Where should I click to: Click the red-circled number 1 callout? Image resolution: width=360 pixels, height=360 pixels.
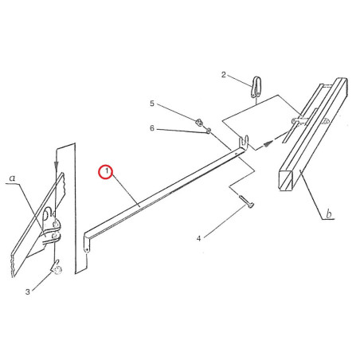click(x=106, y=172)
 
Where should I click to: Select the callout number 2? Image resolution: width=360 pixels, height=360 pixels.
click(x=224, y=75)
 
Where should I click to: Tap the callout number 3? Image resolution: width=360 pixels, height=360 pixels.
click(x=28, y=292)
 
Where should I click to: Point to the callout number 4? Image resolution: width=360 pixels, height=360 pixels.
click(x=198, y=239)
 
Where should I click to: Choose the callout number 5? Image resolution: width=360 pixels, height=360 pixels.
click(x=152, y=104)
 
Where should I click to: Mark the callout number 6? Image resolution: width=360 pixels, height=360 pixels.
click(x=152, y=128)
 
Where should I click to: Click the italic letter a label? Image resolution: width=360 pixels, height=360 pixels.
click(x=12, y=178)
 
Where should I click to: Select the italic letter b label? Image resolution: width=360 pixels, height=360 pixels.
click(x=329, y=213)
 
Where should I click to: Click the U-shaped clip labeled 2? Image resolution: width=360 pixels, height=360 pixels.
click(x=256, y=87)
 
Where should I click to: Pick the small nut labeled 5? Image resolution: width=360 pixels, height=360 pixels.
click(x=198, y=123)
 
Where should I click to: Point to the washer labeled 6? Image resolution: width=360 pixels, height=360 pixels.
click(x=209, y=131)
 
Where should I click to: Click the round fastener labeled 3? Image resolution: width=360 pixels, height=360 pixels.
click(x=57, y=268)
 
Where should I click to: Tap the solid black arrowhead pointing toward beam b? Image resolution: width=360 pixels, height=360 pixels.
click(x=268, y=144)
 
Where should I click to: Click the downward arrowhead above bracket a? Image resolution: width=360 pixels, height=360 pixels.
click(x=56, y=165)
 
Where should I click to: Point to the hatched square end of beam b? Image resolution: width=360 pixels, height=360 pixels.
click(x=286, y=180)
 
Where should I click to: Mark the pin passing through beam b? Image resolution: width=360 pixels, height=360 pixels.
click(x=310, y=121)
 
